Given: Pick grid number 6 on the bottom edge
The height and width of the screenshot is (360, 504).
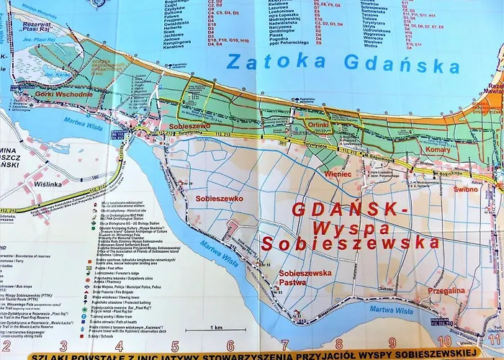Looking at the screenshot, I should (x=230, y=346).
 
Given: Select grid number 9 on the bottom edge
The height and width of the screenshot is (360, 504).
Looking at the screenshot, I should (x=392, y=346).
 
